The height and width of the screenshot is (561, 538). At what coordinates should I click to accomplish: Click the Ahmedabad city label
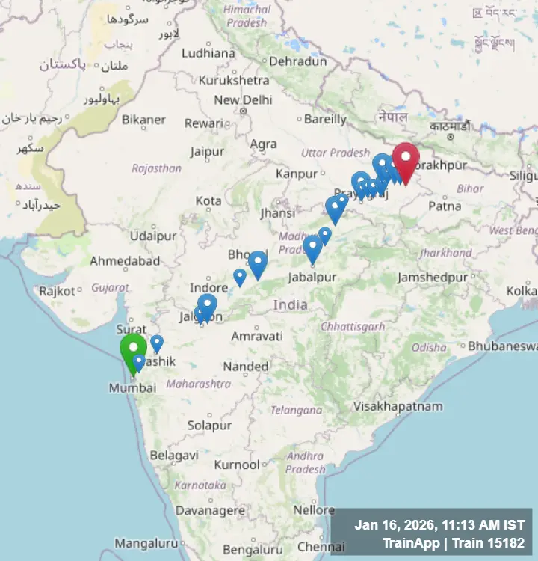pos(125,261)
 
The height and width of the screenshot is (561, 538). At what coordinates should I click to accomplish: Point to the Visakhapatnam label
pos(398,406)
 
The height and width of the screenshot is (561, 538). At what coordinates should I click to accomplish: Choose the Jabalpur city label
pos(312,278)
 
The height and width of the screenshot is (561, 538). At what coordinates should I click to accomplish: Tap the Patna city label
pos(445,205)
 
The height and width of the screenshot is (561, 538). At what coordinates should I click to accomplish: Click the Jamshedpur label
pos(433,278)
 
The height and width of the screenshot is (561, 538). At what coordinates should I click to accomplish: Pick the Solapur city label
pos(209,425)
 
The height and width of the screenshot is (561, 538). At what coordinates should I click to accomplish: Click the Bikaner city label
pos(143,120)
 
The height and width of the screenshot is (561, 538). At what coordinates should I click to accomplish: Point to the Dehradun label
pos(297,61)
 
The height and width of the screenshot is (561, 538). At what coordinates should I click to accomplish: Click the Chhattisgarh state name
pos(353,326)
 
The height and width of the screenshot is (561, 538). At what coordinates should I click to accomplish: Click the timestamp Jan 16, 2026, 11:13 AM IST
pos(439,526)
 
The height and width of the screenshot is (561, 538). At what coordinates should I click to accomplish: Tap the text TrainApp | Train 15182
pos(453,543)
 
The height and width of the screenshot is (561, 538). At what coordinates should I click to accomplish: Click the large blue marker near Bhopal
pos(258,263)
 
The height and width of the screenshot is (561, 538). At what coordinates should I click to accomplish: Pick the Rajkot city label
pos(58,291)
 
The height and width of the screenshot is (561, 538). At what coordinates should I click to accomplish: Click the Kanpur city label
pos(297,174)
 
